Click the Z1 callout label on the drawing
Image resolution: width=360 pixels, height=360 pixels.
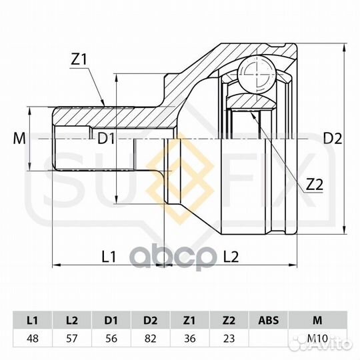click(x=79, y=59)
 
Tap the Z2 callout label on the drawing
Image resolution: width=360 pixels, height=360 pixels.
click(x=314, y=185)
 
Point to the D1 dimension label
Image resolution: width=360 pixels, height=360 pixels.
click(x=106, y=139)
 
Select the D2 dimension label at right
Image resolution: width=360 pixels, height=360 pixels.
click(x=333, y=139)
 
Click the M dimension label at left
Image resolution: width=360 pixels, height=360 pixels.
click(x=19, y=139)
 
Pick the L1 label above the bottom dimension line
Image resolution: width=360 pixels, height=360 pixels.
click(x=109, y=257)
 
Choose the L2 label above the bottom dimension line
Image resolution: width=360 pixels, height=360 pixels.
click(x=231, y=257)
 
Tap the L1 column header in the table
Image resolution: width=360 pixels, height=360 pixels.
click(x=33, y=320)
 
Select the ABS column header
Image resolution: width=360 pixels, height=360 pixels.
click(x=269, y=320)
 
